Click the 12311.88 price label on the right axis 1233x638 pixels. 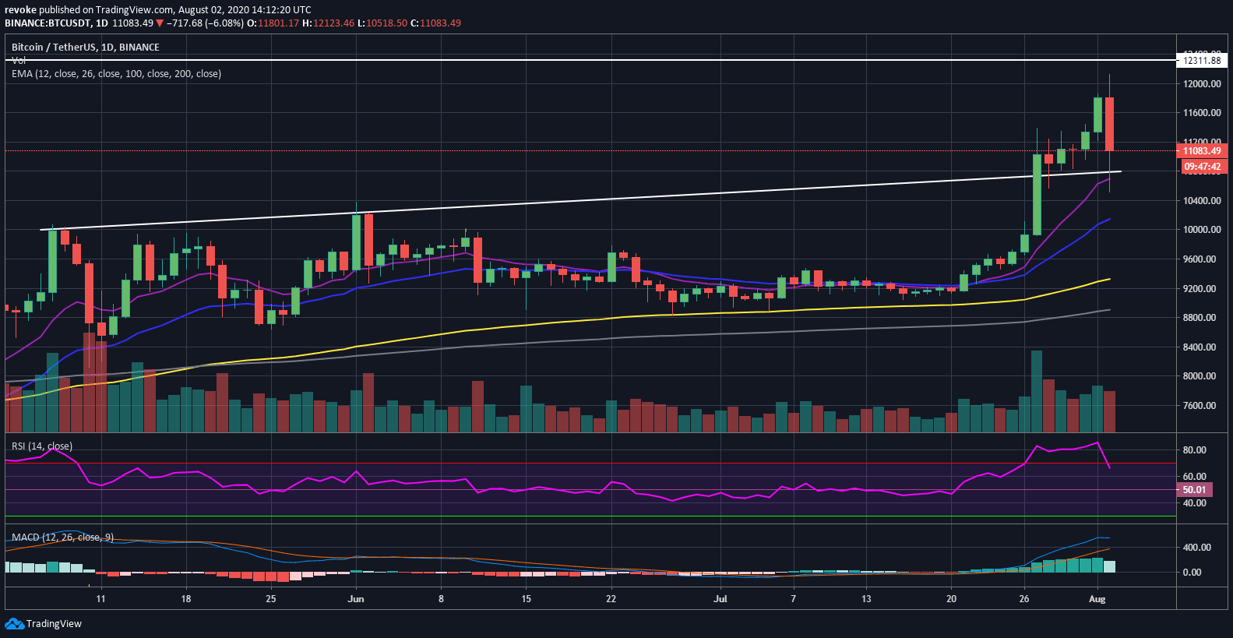tap(1201, 60)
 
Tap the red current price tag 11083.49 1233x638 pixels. tap(1201, 151)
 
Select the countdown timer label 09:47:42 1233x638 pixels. tap(1201, 167)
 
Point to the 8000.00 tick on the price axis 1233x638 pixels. tap(1201, 376)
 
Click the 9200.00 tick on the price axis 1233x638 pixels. tap(1201, 288)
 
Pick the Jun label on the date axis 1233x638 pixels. tap(356, 599)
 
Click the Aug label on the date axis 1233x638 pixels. tap(1097, 599)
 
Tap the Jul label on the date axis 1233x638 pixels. tap(720, 599)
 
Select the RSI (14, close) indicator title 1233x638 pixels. tap(42, 446)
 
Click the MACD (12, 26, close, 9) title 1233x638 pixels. tap(63, 538)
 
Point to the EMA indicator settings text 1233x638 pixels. tap(116, 74)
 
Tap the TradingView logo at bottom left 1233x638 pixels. tap(44, 624)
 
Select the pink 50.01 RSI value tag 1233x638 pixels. tap(1193, 490)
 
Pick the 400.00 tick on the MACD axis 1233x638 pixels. tap(1196, 548)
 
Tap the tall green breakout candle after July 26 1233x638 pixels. tap(1037, 195)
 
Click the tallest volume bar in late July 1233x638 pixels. tap(1037, 391)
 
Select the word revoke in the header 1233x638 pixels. tap(20, 10)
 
